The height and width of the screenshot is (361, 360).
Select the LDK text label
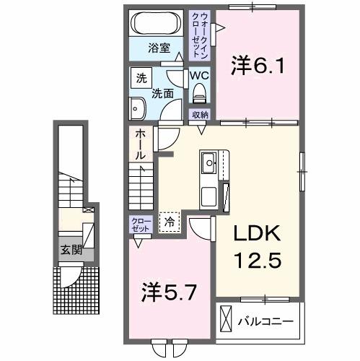[x=255, y=235]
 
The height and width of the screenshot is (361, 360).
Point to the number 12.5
[x=255, y=258]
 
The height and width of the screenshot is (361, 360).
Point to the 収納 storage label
[x=200, y=115]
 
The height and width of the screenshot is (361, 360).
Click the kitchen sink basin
[x=210, y=162]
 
